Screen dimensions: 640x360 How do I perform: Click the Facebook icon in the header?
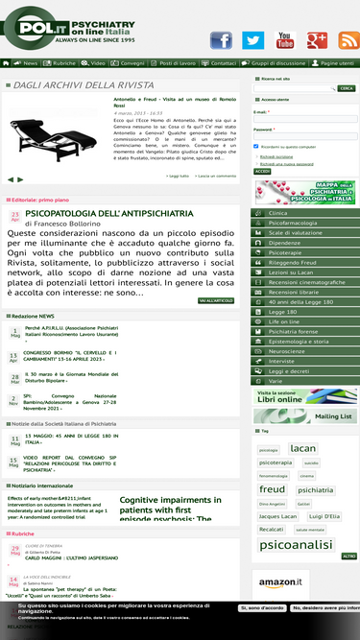[221, 39]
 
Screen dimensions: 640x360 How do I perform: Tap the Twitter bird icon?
[252, 39]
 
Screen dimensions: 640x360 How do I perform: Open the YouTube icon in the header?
[285, 39]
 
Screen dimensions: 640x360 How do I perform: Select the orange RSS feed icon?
[347, 39]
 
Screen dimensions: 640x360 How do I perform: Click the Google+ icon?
[317, 39]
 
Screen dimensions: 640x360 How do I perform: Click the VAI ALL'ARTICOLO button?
[215, 300]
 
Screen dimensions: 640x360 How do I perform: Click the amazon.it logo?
[280, 582]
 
